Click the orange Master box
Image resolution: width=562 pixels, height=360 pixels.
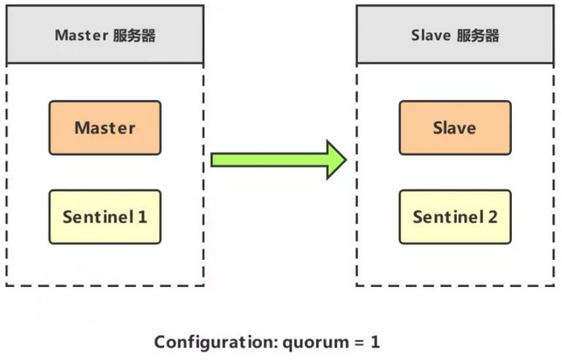click(105, 128)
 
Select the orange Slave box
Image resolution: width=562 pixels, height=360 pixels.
click(455, 128)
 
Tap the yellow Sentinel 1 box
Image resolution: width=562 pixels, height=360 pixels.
click(105, 217)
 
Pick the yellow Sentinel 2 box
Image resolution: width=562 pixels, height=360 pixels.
click(455, 217)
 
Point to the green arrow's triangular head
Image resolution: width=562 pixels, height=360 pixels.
click(336, 159)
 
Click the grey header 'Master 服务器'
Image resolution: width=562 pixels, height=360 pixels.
click(105, 36)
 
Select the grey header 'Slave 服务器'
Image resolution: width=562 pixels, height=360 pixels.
click(455, 36)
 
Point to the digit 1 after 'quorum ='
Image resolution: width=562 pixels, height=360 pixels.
click(375, 341)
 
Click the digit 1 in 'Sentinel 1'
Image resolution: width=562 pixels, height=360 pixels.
click(143, 217)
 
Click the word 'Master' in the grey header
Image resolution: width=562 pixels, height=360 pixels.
click(78, 36)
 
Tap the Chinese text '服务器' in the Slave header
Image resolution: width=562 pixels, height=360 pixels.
click(478, 36)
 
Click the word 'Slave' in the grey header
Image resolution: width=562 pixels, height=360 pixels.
click(431, 36)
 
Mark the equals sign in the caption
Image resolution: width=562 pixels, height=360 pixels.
click(354, 341)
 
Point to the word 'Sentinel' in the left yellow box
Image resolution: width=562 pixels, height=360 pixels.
click(98, 217)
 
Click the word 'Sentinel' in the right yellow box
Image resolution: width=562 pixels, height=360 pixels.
click(447, 217)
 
